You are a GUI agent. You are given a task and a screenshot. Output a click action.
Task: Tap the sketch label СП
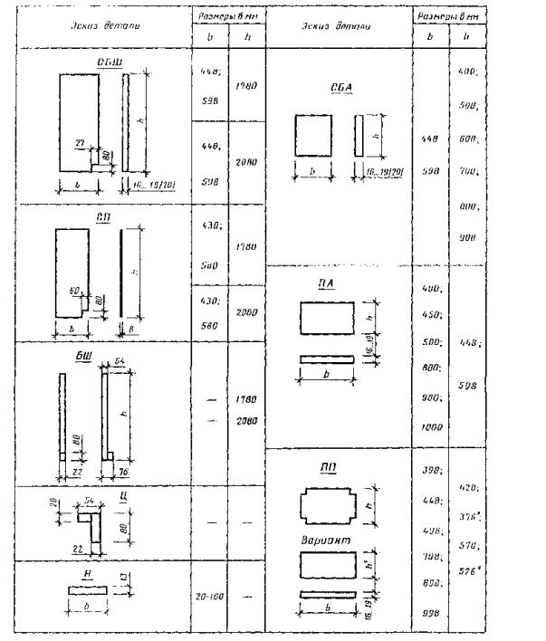point(103,216)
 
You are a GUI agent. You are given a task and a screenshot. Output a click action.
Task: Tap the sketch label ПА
point(338,283)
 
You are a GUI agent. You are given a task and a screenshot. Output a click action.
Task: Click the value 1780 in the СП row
point(245,244)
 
